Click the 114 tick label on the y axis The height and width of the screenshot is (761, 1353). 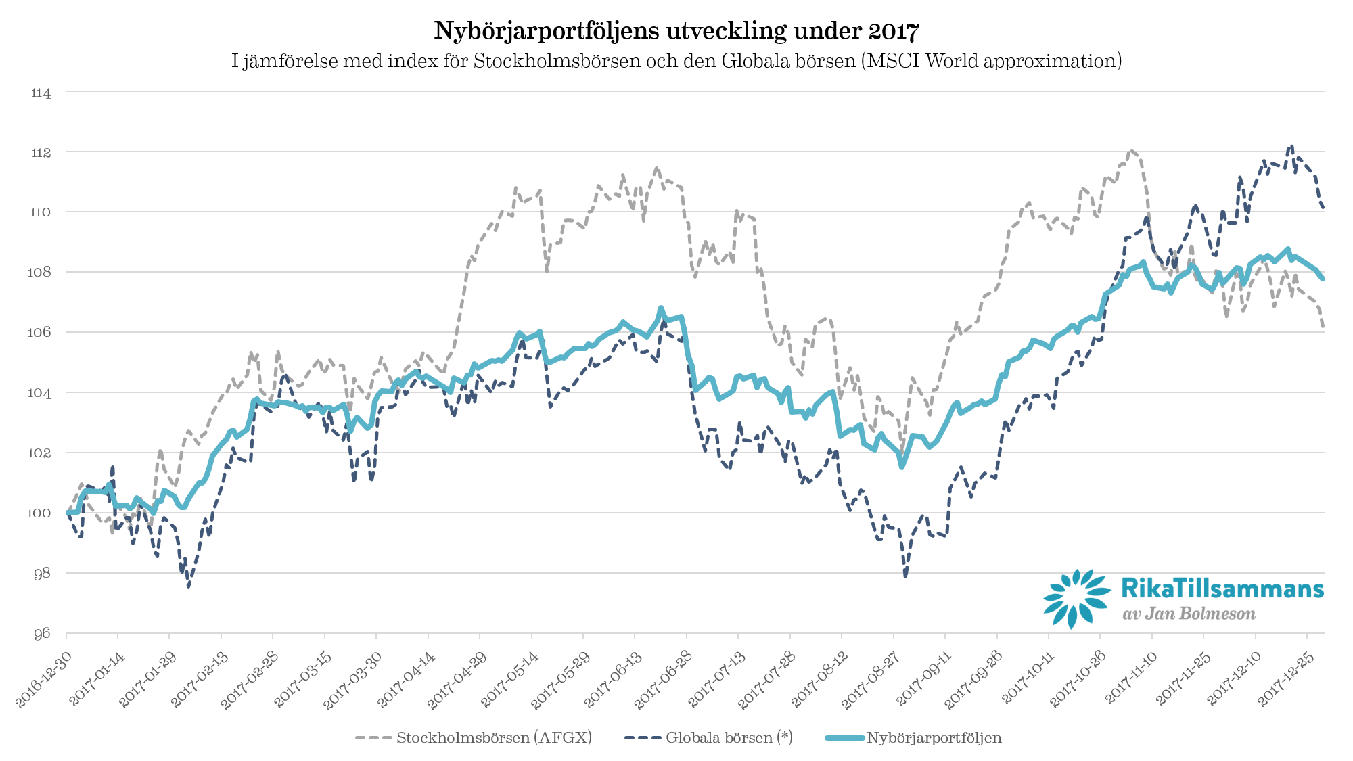click(41, 93)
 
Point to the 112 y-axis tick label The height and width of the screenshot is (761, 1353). click(41, 153)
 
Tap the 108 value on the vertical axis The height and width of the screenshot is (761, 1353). click(41, 273)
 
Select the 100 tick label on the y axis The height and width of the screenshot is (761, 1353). click(39, 513)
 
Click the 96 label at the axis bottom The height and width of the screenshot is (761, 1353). click(42, 634)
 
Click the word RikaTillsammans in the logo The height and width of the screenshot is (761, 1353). click(1222, 589)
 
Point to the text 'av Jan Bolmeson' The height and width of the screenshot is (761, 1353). click(1189, 614)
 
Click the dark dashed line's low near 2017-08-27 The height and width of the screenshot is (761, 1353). click(905, 576)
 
